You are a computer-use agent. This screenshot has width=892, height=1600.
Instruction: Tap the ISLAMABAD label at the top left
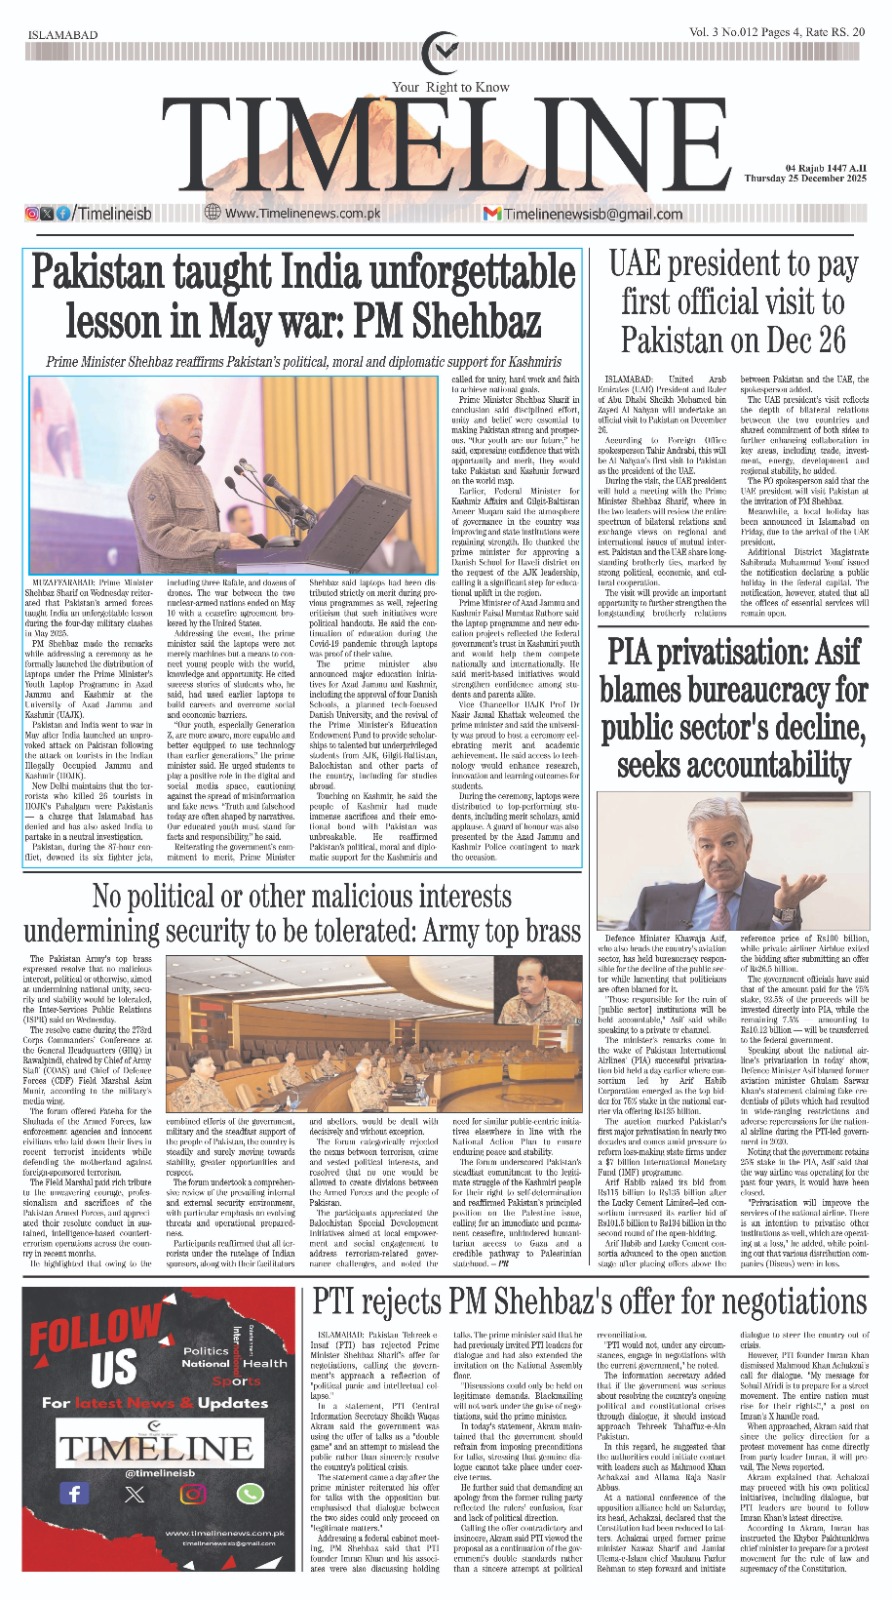click(63, 35)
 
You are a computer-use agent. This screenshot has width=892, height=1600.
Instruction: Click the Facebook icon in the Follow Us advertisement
click(73, 1493)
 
